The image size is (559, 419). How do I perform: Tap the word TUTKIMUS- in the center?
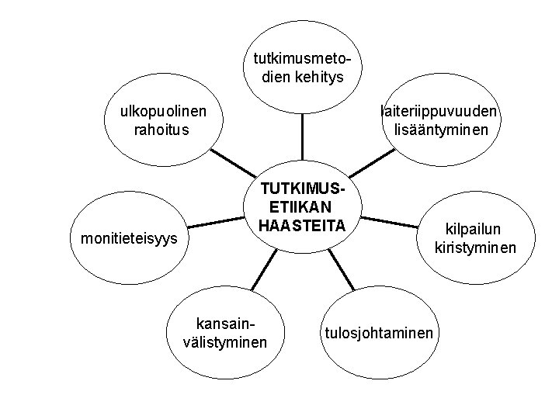(x=302, y=190)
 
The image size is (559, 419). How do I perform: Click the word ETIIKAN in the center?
(x=302, y=207)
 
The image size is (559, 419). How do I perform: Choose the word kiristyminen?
(x=476, y=248)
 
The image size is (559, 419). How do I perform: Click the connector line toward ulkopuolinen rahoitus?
(x=233, y=168)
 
